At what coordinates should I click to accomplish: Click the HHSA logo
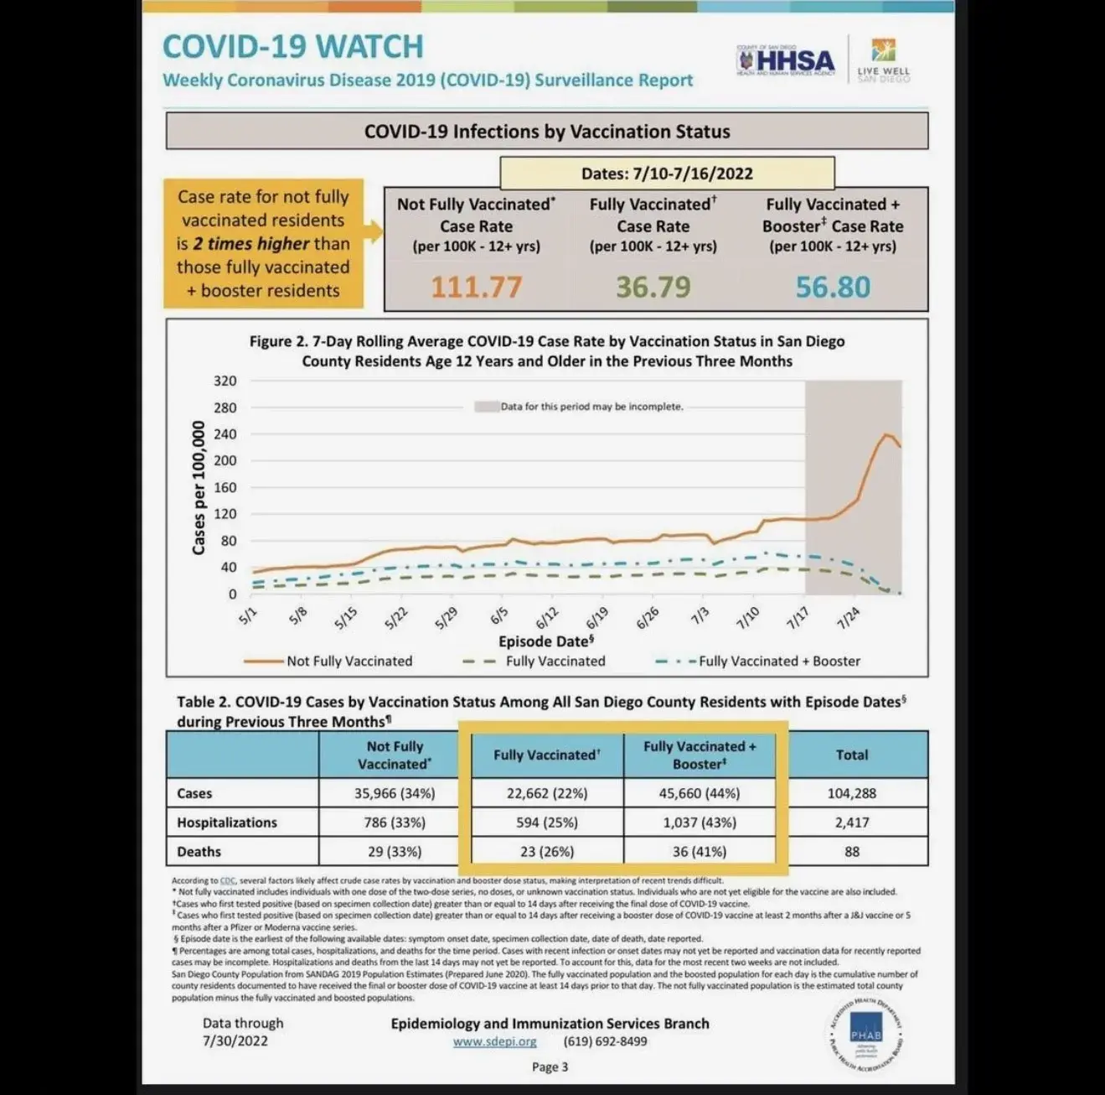coord(786,61)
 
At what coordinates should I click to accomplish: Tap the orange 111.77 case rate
coord(476,287)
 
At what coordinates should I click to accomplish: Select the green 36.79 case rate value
coord(653,287)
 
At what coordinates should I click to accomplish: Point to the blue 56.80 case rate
coord(833,287)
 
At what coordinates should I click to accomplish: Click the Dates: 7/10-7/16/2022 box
coord(667,174)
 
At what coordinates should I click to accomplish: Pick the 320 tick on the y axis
coord(225,381)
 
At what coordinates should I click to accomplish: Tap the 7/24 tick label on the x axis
coord(848,618)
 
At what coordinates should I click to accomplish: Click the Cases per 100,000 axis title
coord(199,487)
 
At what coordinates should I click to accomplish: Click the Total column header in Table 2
coord(852,755)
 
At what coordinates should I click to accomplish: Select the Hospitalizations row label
coord(227,823)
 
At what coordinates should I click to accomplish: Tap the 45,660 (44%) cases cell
coord(700,793)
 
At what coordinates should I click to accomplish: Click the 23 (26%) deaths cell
coord(547,851)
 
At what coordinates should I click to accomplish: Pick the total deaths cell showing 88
coord(852,851)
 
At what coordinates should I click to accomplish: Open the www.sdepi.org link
coord(494,1041)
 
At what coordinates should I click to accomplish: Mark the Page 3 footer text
coord(550,1066)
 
